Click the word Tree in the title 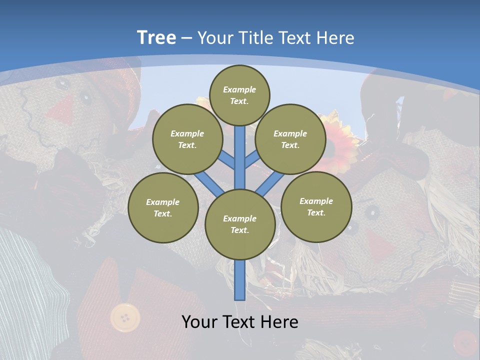click(x=156, y=37)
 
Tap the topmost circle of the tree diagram click(x=239, y=95)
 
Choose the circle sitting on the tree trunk click(x=240, y=224)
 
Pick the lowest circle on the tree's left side click(x=163, y=207)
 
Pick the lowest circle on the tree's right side click(x=316, y=207)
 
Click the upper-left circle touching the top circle click(x=187, y=139)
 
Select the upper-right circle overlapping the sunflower click(x=290, y=139)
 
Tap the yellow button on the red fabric click(x=125, y=317)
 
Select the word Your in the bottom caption click(x=199, y=322)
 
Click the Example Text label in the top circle click(x=239, y=95)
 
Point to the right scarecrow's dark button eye click(x=372, y=213)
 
